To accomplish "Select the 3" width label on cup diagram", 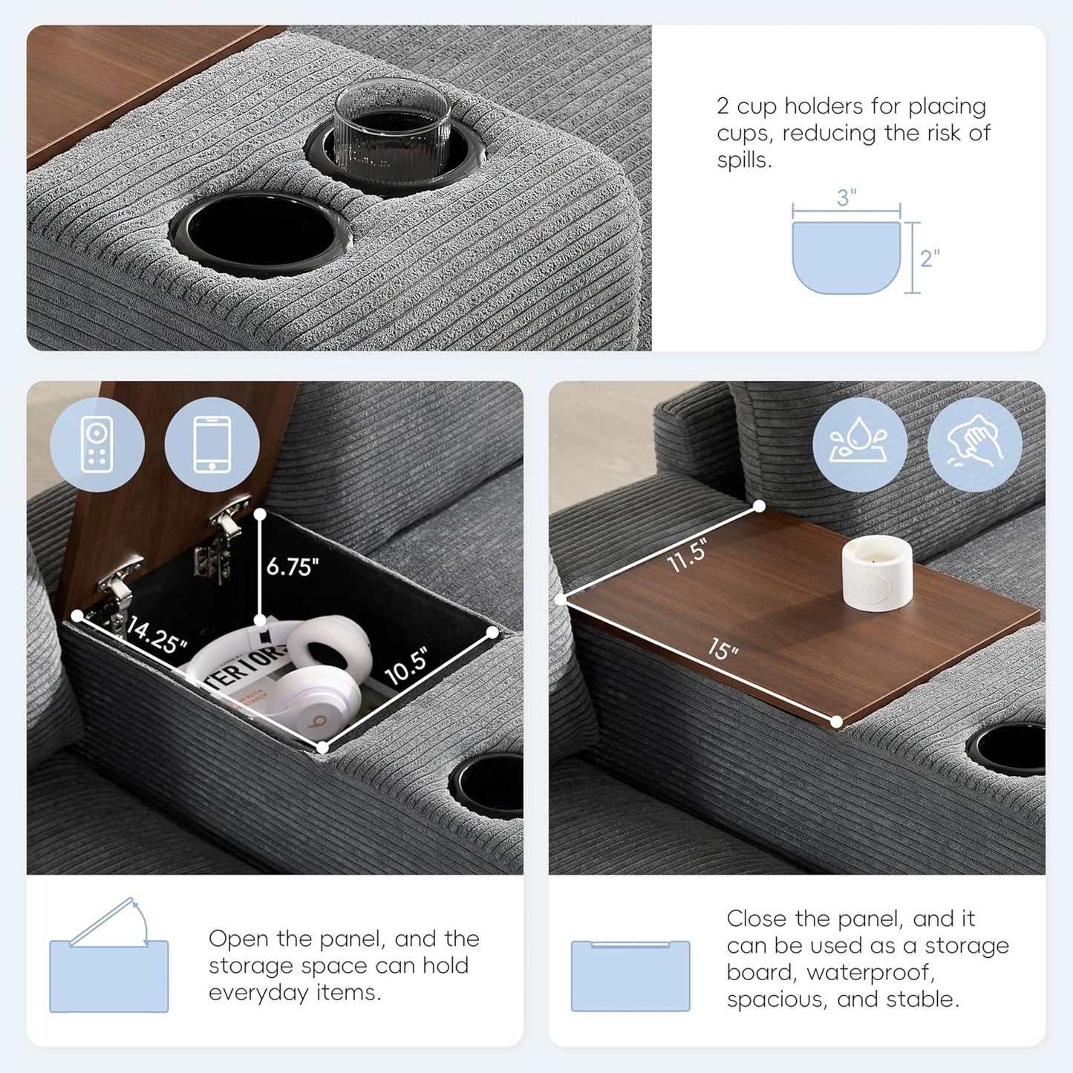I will pyautogui.click(x=847, y=198).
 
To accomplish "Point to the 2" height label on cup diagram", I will pyautogui.click(x=930, y=258).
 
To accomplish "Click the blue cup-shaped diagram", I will pyautogui.click(x=846, y=256).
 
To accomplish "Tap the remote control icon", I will pyautogui.click(x=97, y=444).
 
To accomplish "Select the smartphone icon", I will pyautogui.click(x=212, y=444).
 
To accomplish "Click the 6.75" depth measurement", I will pyautogui.click(x=293, y=567).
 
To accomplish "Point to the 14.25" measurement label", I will pyautogui.click(x=156, y=636).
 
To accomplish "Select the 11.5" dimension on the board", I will pyautogui.click(x=687, y=556).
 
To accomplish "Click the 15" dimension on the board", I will pyautogui.click(x=723, y=650).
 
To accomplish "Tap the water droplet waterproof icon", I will pyautogui.click(x=859, y=444).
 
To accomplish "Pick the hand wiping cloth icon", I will pyautogui.click(x=974, y=444).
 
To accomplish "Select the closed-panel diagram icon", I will pyautogui.click(x=630, y=975).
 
